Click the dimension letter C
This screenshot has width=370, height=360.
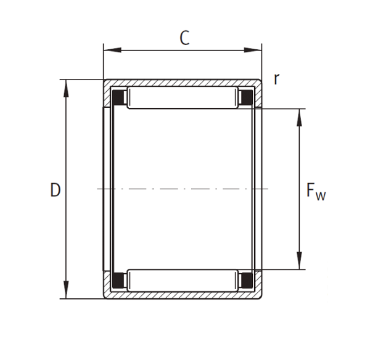(184, 38)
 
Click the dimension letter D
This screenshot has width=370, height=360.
(55, 190)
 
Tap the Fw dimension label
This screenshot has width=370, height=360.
(316, 192)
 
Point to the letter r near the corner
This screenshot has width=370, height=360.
(276, 79)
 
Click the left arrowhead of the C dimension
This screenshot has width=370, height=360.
(112, 50)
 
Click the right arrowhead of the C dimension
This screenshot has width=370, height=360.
(253, 50)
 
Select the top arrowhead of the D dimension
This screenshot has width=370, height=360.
(67, 89)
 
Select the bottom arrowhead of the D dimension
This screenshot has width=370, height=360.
(67, 290)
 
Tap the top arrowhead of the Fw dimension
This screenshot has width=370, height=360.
(299, 118)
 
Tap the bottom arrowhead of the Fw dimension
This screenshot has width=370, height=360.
(299, 261)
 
